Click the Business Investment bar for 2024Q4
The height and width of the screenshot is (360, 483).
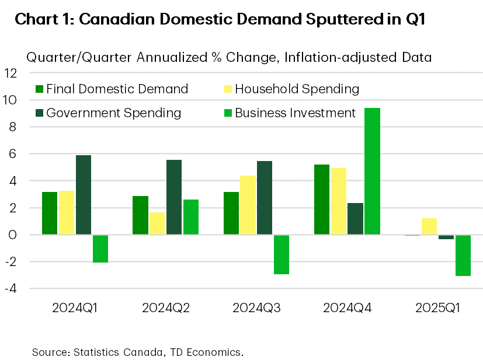point(372,172)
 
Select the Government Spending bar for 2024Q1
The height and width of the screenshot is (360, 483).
point(84,195)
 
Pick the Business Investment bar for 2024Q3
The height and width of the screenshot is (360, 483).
point(282,254)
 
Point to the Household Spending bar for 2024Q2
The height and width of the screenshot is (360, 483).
point(157,223)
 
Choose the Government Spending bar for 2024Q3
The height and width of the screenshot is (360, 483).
point(265,198)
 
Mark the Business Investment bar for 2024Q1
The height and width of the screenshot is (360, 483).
point(100,249)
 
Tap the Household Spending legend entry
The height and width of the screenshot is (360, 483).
point(291,89)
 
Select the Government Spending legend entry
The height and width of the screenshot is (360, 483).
point(109,113)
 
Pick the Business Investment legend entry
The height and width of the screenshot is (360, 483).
point(290,113)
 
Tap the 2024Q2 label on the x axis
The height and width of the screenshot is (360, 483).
point(166,307)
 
